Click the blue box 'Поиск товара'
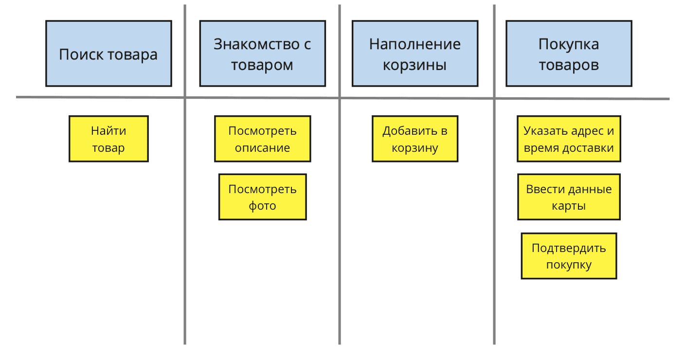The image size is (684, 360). (108, 54)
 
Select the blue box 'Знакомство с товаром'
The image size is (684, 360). (263, 54)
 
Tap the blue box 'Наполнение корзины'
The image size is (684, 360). (415, 54)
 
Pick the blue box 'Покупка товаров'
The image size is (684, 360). (569, 54)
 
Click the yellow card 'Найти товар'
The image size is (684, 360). (108, 139)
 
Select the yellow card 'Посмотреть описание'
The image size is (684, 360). (263, 139)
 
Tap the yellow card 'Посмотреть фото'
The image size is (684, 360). (263, 197)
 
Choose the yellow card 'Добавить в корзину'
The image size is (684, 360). (415, 139)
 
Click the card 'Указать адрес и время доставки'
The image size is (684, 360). (569, 139)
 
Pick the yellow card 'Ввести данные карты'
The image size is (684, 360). (569, 197)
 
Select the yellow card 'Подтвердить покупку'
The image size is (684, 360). (569, 256)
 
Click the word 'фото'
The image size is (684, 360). (262, 206)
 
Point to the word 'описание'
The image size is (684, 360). (262, 148)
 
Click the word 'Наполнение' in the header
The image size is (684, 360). (415, 44)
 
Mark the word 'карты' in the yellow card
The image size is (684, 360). (569, 206)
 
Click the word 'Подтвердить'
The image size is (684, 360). (569, 248)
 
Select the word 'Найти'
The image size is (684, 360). (108, 131)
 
